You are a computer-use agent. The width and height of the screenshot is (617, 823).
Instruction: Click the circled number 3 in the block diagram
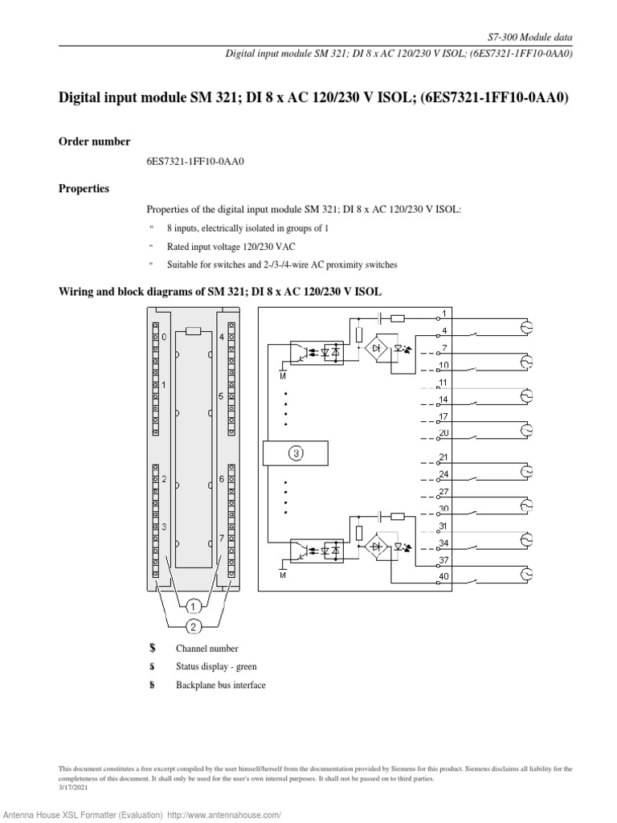pos(296,453)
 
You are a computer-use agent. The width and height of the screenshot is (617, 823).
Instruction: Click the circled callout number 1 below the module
pos(194,606)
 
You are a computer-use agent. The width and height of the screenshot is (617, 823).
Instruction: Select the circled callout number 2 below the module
pos(194,626)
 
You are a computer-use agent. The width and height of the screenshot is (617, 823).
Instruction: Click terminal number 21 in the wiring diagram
pos(444,457)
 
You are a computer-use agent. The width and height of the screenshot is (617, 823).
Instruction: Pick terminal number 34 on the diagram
pos(444,543)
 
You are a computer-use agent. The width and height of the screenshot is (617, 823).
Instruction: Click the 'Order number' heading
pos(95,141)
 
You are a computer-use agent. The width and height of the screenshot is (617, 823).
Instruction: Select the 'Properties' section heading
pos(84,189)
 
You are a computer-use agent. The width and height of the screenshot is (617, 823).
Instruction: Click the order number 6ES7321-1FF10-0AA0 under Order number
pos(194,162)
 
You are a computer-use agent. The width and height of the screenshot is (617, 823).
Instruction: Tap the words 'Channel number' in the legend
pos(207,648)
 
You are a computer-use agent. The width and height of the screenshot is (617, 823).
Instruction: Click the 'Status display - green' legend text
pos(216,666)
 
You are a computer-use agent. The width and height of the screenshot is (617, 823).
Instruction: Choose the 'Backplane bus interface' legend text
pos(220,685)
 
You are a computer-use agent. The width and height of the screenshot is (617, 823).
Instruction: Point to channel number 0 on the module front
pos(164,338)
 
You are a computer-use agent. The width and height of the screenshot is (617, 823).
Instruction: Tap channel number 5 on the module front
pos(221,396)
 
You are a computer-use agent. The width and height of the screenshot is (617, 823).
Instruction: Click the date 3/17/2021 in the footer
pos(73,788)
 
